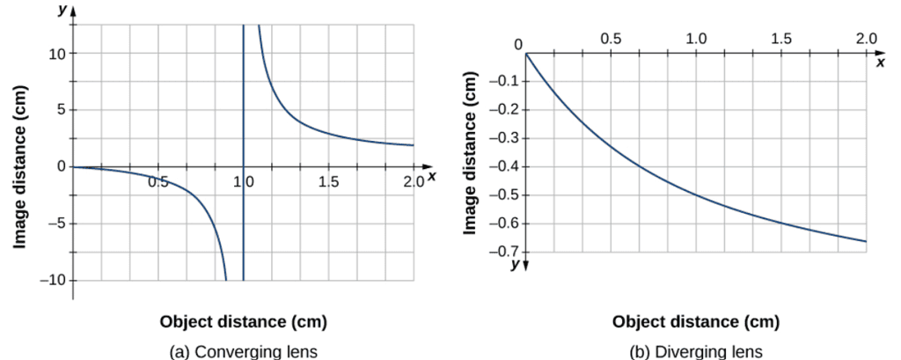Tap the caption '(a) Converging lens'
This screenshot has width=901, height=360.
click(243, 351)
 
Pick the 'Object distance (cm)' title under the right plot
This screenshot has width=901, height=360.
click(695, 321)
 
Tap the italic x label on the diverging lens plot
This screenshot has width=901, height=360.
click(881, 63)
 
